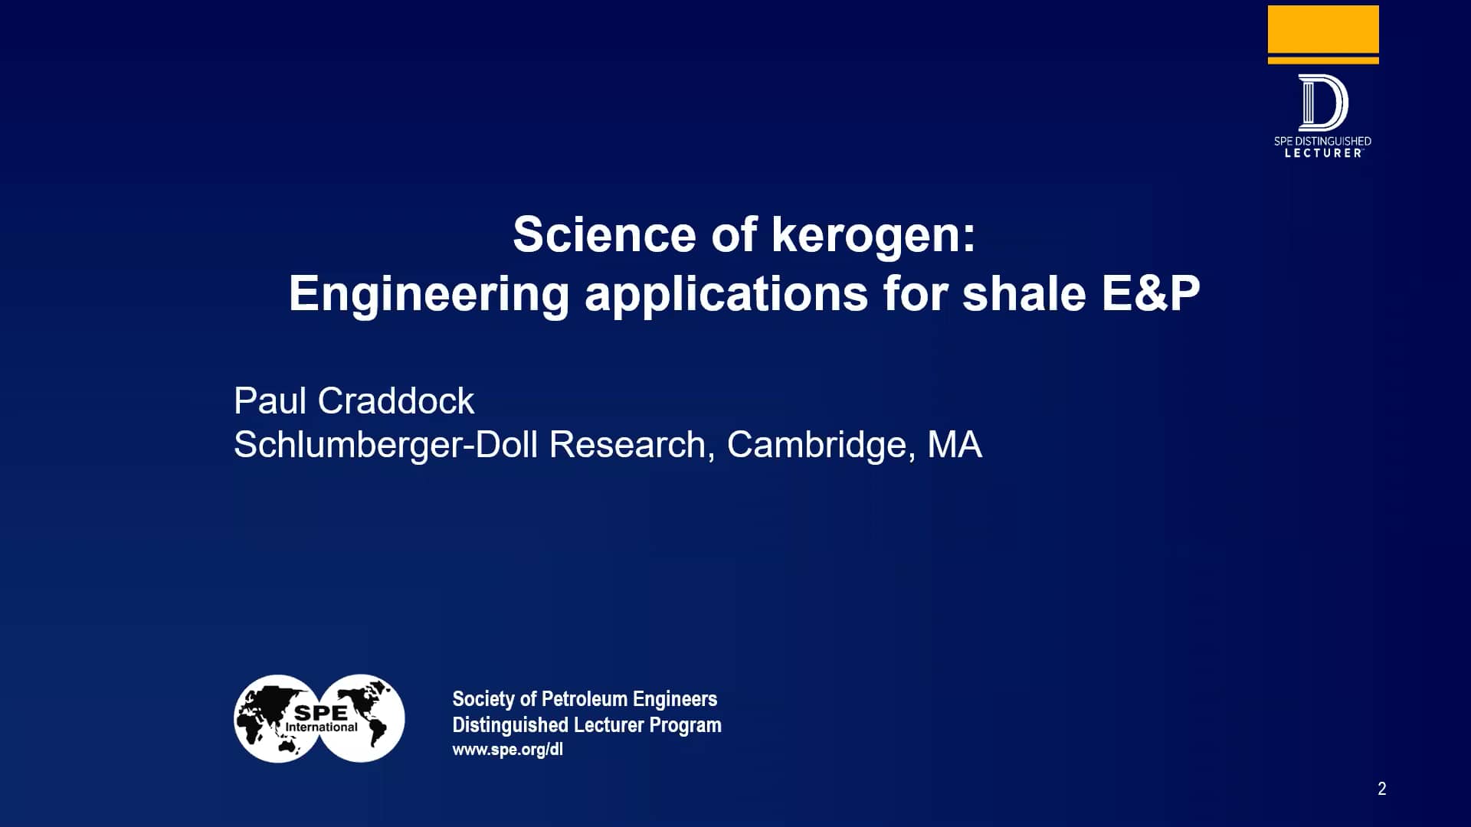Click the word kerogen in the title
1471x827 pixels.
point(873,234)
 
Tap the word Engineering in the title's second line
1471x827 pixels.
point(429,294)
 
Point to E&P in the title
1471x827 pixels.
point(1150,294)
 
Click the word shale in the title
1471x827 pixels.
point(1024,294)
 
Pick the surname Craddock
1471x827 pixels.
point(395,400)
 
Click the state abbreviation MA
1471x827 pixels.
point(954,445)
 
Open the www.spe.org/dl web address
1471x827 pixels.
point(507,750)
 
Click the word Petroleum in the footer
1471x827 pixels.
point(584,699)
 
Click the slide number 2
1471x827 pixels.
point(1381,789)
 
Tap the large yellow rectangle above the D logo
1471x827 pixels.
point(1323,29)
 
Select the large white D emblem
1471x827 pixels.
point(1322,103)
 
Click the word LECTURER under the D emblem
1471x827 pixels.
point(1322,153)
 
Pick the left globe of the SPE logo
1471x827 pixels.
point(264,718)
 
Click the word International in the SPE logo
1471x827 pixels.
point(321,727)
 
